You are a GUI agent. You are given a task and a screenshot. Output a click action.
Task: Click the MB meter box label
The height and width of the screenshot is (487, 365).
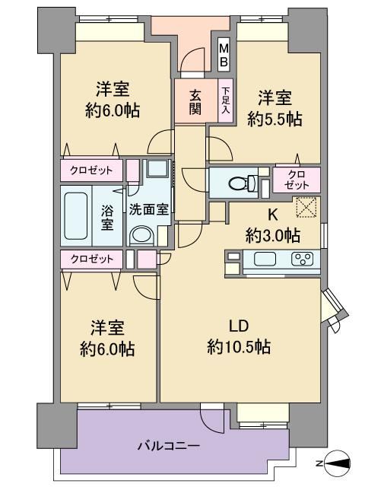(x=224, y=55)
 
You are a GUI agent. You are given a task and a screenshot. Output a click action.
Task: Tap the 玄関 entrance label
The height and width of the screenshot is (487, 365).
(x=195, y=101)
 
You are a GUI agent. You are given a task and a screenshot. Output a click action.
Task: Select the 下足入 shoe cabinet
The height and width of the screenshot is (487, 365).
(x=226, y=100)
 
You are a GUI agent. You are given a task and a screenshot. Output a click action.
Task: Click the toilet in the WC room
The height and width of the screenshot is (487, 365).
(x=243, y=183)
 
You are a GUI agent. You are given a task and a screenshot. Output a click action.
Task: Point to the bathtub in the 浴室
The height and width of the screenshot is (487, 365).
(x=76, y=216)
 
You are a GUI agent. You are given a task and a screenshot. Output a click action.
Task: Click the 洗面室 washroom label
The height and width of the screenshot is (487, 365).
(x=149, y=210)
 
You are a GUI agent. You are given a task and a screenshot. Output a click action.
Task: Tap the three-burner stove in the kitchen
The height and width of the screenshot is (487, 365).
(x=302, y=259)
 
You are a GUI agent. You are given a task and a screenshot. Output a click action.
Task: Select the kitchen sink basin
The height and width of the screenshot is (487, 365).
(x=265, y=259)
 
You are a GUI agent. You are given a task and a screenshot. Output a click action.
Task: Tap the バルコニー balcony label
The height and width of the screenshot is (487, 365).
(x=169, y=447)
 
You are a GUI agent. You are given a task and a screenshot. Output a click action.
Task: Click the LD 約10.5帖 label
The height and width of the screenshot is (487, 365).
(x=239, y=336)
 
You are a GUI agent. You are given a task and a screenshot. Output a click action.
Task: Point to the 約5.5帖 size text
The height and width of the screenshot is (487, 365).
(x=275, y=119)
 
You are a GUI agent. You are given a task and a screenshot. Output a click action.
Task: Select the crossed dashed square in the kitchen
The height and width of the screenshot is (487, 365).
(x=306, y=207)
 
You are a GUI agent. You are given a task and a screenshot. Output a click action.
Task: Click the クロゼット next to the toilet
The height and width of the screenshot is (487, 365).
(x=297, y=180)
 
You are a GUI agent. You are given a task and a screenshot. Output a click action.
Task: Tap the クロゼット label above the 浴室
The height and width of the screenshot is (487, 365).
(x=91, y=170)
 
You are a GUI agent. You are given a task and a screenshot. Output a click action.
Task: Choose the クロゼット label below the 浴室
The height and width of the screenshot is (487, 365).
(x=92, y=259)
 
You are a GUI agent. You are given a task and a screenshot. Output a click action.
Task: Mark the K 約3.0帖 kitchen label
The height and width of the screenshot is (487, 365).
(x=273, y=226)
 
